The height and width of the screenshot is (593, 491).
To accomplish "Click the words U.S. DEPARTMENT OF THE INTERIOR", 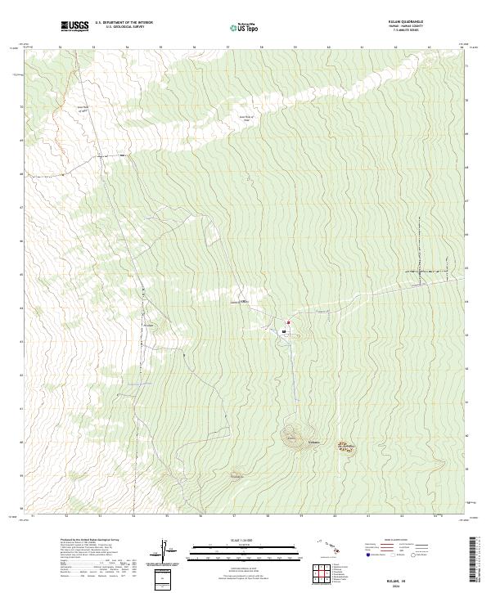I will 124,23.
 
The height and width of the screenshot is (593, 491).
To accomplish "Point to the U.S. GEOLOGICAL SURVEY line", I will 124,27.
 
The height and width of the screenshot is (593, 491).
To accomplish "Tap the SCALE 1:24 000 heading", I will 245,540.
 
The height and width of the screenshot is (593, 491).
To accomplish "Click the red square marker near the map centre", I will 289,323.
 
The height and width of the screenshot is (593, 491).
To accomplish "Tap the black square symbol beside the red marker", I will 283,331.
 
